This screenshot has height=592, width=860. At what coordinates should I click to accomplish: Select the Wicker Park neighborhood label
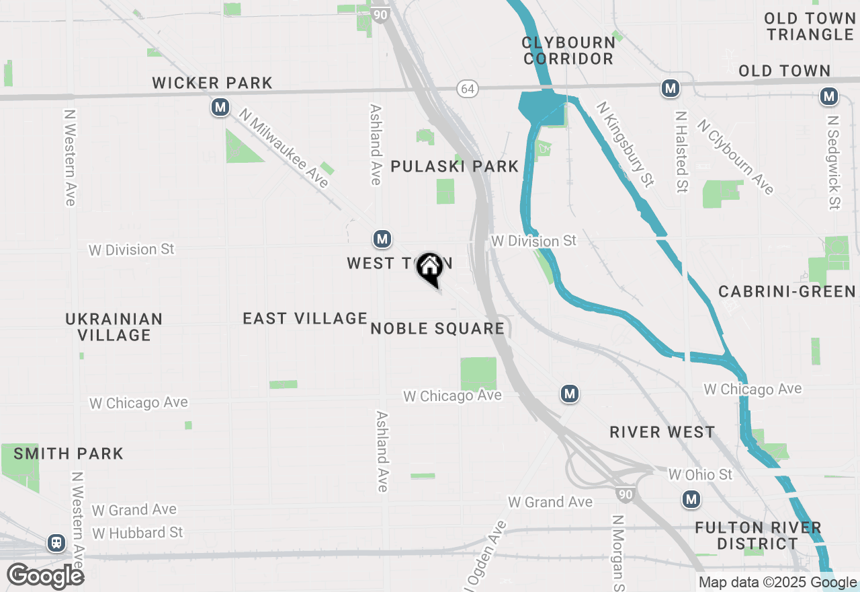pos(212,83)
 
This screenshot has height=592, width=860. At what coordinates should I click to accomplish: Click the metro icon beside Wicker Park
pos(220,107)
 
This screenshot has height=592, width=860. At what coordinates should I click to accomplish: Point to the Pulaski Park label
pos(455,166)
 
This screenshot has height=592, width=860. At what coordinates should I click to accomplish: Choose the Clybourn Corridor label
pos(568,50)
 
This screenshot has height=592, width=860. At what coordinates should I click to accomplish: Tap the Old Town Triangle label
pos(809,26)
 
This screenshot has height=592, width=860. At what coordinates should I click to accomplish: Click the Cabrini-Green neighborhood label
pos(787,291)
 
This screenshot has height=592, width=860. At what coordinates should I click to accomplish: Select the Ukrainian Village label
pos(114,326)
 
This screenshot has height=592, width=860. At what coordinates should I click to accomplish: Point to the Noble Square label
pos(437,328)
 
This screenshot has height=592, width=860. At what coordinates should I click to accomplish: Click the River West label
pos(662,432)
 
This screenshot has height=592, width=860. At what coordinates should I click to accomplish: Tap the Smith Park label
pos(69,453)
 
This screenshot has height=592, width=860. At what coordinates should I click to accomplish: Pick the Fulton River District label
pos(758,535)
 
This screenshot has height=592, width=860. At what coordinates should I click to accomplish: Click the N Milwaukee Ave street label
pos(284,149)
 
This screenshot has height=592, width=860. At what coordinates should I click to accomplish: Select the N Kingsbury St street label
pos(626,144)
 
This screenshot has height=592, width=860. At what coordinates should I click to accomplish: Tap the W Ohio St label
pos(700,475)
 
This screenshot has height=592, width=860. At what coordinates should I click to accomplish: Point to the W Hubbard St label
pos(138,533)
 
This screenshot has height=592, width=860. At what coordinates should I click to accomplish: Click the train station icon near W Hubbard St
pos(56,543)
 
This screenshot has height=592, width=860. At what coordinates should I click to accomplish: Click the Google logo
pos(45,576)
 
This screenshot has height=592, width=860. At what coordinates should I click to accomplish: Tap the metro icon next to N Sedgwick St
pos(829,97)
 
